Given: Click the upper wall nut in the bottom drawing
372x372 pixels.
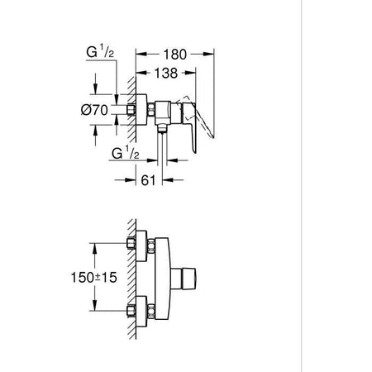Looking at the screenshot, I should (x=132, y=245).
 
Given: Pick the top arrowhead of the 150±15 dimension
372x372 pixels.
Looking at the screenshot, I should (x=98, y=246).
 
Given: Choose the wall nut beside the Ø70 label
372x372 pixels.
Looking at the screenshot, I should (x=131, y=110).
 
